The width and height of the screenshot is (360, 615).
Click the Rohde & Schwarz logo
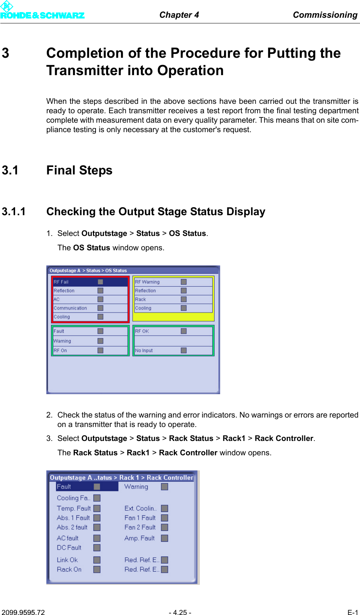42,11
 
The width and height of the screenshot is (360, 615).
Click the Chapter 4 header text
179,15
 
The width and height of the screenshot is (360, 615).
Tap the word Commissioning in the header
325,15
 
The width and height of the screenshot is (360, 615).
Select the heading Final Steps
79,170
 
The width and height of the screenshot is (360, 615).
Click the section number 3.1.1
14,211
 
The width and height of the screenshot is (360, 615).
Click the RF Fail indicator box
100,282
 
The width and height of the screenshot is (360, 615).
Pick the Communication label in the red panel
70,308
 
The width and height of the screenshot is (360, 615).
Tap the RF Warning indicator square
184,282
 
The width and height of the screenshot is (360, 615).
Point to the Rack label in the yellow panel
141,299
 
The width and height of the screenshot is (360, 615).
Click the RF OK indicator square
184,331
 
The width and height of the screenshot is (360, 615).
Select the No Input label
144,350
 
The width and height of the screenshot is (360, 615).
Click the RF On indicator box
100,350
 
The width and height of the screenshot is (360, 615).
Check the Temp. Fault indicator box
97,509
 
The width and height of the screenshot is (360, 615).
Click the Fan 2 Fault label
140,527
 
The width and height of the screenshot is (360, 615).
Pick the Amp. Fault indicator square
165,538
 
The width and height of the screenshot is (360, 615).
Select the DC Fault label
69,547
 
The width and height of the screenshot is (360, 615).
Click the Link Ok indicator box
97,560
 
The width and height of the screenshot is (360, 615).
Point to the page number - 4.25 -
180,612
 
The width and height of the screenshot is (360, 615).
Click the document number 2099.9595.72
23,612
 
